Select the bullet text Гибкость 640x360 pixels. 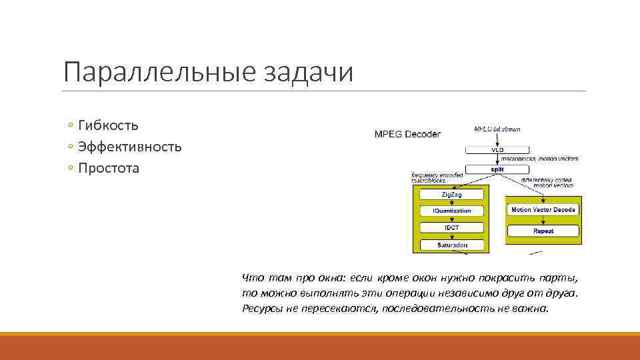(108, 125)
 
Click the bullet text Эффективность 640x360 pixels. (129, 147)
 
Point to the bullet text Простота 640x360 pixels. (109, 168)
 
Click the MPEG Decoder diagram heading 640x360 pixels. (407, 134)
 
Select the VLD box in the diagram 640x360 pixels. (497, 150)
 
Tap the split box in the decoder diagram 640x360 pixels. (497, 169)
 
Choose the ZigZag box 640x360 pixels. (451, 194)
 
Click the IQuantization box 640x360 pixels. (451, 211)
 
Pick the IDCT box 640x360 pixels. (451, 228)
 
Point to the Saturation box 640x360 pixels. (451, 245)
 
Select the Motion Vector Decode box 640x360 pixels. (543, 209)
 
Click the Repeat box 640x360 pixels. (543, 231)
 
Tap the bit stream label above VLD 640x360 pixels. (497, 129)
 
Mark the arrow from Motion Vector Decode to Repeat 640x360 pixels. (543, 220)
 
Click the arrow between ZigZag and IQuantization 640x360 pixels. (451, 203)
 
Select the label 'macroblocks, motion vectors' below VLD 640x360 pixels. (548, 159)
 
